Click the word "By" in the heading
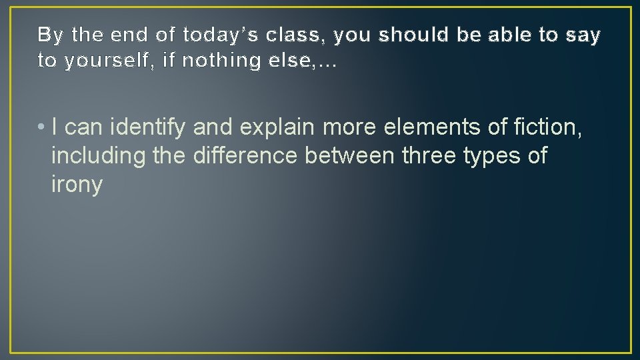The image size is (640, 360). [x=49, y=35]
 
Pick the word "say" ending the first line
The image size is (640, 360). [x=585, y=35]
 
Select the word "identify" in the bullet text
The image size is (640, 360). [x=149, y=127]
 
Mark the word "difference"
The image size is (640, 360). [x=245, y=155]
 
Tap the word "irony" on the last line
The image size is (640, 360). [x=77, y=185]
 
